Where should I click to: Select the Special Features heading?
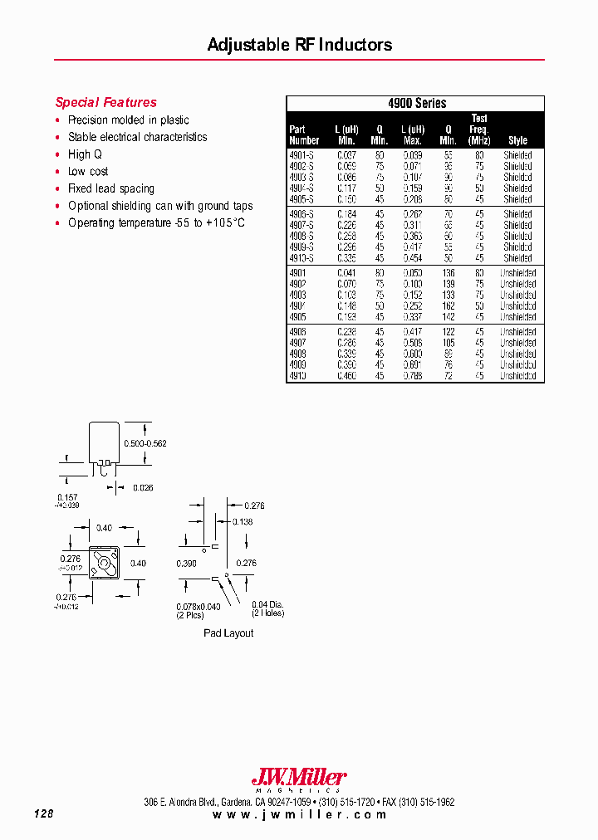(x=105, y=103)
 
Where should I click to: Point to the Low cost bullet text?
(x=88, y=172)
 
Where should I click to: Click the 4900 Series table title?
(x=417, y=104)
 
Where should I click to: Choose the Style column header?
(x=517, y=140)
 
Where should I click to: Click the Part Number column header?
(x=304, y=134)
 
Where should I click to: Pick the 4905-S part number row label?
(x=301, y=199)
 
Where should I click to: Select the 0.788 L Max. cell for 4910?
(x=413, y=376)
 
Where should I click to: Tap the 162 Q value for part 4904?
(x=448, y=306)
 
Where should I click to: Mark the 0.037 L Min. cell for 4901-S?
(x=346, y=155)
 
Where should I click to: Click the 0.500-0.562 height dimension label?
(x=145, y=443)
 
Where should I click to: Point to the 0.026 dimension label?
(x=143, y=488)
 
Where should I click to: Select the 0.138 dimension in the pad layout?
(x=243, y=521)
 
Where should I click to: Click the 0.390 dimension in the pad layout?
(x=187, y=564)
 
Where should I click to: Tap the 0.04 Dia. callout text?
(x=267, y=603)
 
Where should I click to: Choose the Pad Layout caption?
(x=228, y=633)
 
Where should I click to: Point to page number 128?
(x=44, y=814)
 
